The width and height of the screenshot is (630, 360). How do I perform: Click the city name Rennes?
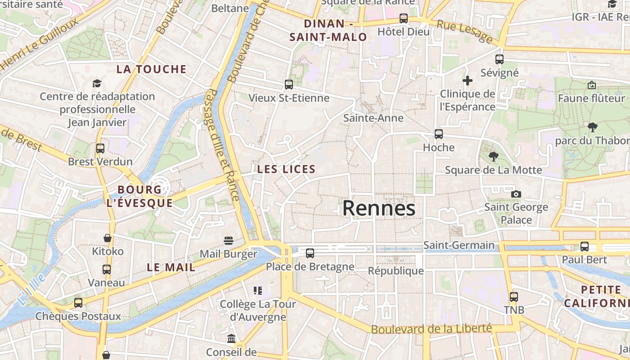pos(378,208)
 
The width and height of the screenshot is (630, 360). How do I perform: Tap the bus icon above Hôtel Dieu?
pos(404,18)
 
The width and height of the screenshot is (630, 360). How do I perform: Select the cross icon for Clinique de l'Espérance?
pos(468,81)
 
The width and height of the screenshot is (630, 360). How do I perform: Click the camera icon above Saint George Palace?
pos(516,194)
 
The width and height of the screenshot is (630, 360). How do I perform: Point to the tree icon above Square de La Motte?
pos(494,157)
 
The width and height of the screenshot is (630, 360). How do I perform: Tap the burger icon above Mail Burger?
pos(229,240)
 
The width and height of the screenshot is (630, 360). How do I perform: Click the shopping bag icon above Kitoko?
pos(108,238)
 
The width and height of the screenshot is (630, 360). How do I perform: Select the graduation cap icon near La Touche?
pos(97,83)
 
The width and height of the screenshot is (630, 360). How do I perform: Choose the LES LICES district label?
pos(286,169)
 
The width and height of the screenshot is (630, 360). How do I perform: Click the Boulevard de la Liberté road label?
pos(431,329)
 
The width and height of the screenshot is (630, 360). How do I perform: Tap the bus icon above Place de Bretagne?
pos(310,253)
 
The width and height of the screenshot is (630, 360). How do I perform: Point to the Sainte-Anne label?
pos(373,118)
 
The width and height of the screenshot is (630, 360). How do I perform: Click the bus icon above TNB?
pos(514,297)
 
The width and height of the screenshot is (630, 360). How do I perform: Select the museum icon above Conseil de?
pos(231,338)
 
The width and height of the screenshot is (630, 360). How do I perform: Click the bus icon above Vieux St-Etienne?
pos(289,84)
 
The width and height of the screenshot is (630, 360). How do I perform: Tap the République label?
pos(396,270)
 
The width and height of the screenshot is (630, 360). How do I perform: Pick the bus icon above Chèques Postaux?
pos(78,302)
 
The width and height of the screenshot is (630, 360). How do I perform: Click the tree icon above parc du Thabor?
pos(592,127)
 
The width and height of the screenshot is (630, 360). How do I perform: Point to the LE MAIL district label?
pos(171,267)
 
